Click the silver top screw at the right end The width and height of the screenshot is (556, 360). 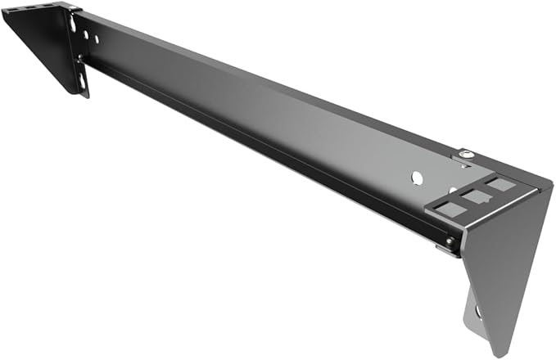[465, 154]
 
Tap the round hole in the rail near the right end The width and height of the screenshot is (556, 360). [416, 176]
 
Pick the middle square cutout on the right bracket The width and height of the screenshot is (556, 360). [473, 196]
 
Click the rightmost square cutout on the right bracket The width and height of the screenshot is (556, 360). [500, 185]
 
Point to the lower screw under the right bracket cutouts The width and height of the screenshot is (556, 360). [450, 241]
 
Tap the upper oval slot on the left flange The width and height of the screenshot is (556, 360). [73, 24]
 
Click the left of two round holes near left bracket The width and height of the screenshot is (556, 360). [84, 34]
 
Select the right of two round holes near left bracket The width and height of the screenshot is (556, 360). [96, 38]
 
